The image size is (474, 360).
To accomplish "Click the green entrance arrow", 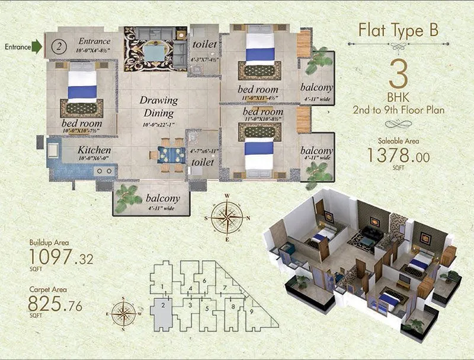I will tap(37, 46).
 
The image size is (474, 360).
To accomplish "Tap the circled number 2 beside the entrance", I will tap(57, 46).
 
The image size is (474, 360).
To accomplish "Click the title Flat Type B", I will tap(399, 31).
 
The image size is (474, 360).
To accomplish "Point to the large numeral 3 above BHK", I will tap(398, 74).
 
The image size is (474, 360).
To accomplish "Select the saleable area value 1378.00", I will tap(398, 155).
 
